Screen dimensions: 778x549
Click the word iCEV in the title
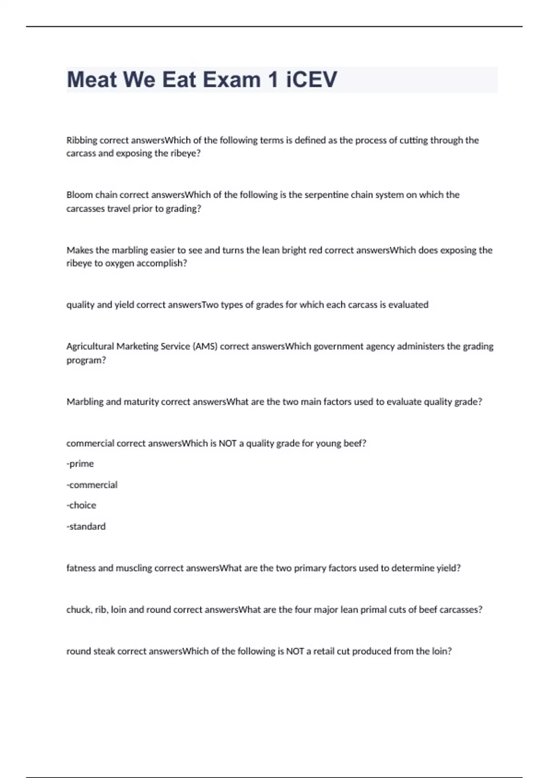[x=312, y=80]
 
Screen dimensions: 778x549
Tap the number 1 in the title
[x=273, y=80]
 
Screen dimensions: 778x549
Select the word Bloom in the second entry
[x=80, y=195]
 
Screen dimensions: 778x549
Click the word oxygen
[x=122, y=264]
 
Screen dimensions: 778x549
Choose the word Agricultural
[x=90, y=346]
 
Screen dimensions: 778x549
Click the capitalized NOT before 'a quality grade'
[x=227, y=443]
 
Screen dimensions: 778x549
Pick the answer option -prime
[x=80, y=464]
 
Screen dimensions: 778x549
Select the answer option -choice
[x=81, y=505]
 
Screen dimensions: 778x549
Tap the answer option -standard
[x=86, y=526]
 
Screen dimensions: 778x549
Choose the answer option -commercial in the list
[x=92, y=485]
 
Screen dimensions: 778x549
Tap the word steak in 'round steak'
[x=104, y=651]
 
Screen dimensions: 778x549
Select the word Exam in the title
[x=231, y=80]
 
